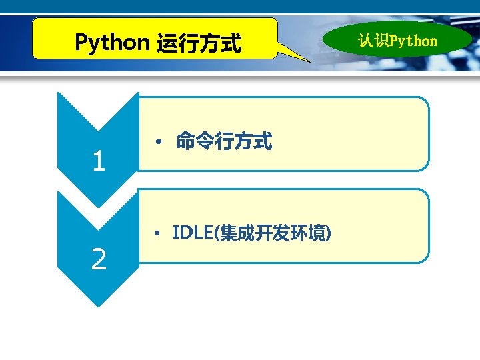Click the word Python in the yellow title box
click(x=112, y=43)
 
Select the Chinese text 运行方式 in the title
click(x=198, y=44)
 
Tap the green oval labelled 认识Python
click(x=397, y=41)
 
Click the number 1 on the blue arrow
click(x=99, y=161)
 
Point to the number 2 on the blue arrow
click(x=99, y=259)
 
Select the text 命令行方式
click(x=224, y=141)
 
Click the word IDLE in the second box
click(x=191, y=233)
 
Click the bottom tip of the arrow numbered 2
click(x=99, y=305)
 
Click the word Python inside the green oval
click(x=413, y=41)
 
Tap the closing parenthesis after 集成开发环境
click(x=329, y=233)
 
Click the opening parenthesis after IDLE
click(x=215, y=233)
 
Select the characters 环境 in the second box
click(x=313, y=233)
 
